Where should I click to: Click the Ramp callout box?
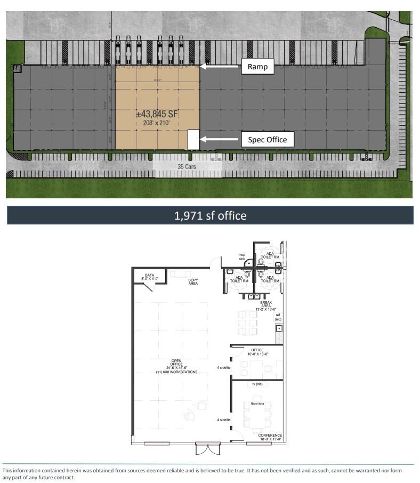tap(257, 67)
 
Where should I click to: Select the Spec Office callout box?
tap(267, 140)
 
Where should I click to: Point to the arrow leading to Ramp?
tap(221, 67)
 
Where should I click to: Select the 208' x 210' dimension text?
tap(158, 123)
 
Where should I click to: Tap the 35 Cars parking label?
tap(188, 166)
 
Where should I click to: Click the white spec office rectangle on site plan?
tap(193, 140)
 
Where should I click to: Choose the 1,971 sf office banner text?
tap(210, 215)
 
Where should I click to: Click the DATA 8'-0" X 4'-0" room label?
tap(149, 277)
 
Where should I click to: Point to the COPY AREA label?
tap(192, 281)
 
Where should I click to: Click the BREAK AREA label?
tap(266, 305)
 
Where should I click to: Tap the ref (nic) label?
tap(278, 317)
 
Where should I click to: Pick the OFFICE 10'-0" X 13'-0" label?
tap(257, 352)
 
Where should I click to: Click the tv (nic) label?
tap(257, 384)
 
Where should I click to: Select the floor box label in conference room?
tap(258, 404)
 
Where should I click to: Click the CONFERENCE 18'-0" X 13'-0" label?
tap(270, 437)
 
